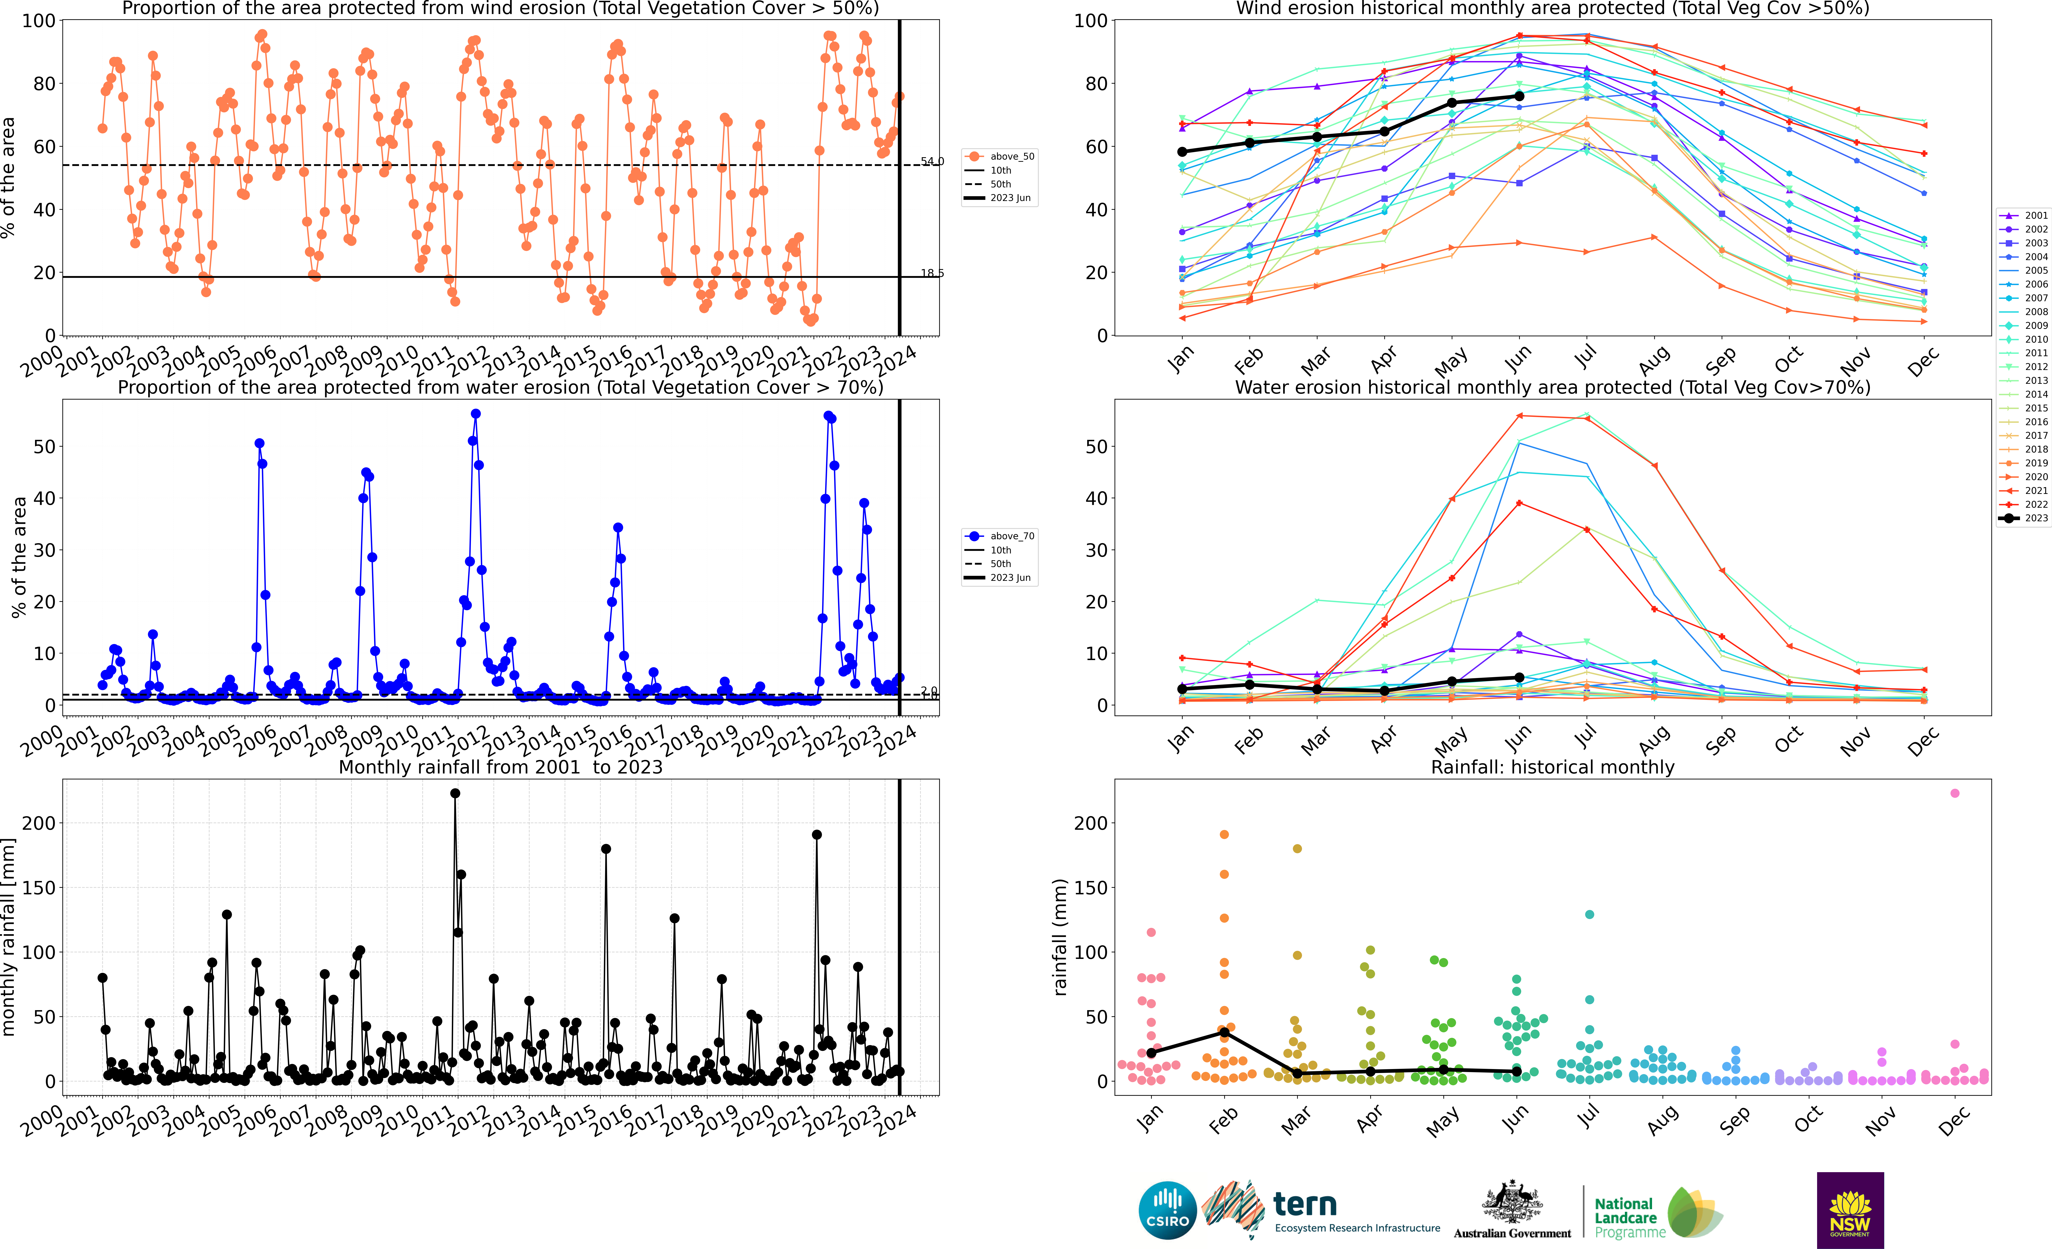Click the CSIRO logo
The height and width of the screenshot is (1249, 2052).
(1168, 1210)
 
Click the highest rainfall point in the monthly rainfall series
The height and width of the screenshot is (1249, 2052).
(455, 794)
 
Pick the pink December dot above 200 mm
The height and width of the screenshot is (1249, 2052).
(1955, 794)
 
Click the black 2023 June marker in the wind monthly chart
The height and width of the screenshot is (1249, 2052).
(1519, 97)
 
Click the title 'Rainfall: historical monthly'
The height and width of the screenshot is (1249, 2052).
(1552, 767)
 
